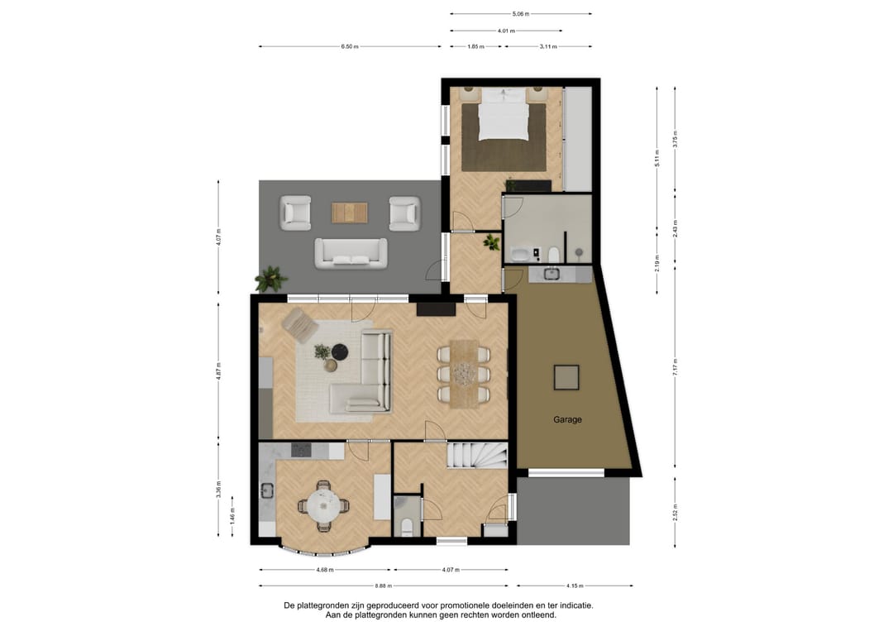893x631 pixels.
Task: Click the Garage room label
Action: pyautogui.click(x=567, y=419)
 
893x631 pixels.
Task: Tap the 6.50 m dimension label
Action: pyautogui.click(x=350, y=46)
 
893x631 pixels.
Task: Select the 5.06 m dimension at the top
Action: pyautogui.click(x=520, y=14)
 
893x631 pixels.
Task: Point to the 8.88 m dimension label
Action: pyautogui.click(x=384, y=586)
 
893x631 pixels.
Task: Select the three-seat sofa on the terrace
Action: pyautogui.click(x=351, y=253)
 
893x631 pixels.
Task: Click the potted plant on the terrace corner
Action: pyautogui.click(x=270, y=280)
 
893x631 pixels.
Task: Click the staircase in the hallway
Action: pyautogui.click(x=478, y=457)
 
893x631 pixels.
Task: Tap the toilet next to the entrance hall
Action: pyautogui.click(x=406, y=526)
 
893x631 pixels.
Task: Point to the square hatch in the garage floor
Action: pyautogui.click(x=566, y=377)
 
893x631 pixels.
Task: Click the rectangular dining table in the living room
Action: pyautogui.click(x=464, y=373)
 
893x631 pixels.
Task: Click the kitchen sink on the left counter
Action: pyautogui.click(x=266, y=491)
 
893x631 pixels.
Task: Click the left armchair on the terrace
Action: pyautogui.click(x=295, y=213)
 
